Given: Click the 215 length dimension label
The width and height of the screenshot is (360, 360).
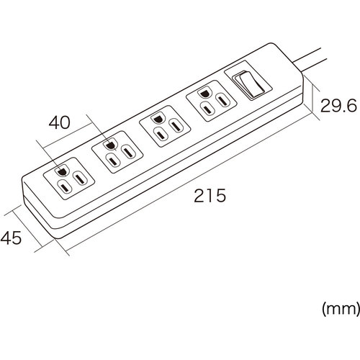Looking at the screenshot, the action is [210, 195].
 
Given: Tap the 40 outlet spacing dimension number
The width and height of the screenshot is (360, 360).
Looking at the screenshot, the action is [59, 122].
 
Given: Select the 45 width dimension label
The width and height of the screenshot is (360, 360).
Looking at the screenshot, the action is [11, 238].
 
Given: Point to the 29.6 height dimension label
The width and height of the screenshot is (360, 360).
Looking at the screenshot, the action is [338, 106].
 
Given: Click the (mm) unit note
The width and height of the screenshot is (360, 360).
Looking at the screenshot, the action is [341, 309].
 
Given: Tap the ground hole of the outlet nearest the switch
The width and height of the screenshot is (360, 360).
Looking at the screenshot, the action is [204, 94].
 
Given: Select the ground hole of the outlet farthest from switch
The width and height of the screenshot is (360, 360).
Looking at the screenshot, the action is [61, 171].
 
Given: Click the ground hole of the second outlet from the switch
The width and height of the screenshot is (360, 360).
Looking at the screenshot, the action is [157, 119].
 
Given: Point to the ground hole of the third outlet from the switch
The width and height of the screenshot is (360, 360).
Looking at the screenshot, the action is [110, 145].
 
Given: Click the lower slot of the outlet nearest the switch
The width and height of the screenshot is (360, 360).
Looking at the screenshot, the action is [208, 109].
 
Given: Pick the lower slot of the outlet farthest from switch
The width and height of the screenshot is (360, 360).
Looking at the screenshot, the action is [65, 187].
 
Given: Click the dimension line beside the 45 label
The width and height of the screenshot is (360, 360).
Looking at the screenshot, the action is [27, 230].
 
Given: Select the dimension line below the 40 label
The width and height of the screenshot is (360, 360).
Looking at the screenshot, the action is [68, 135].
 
